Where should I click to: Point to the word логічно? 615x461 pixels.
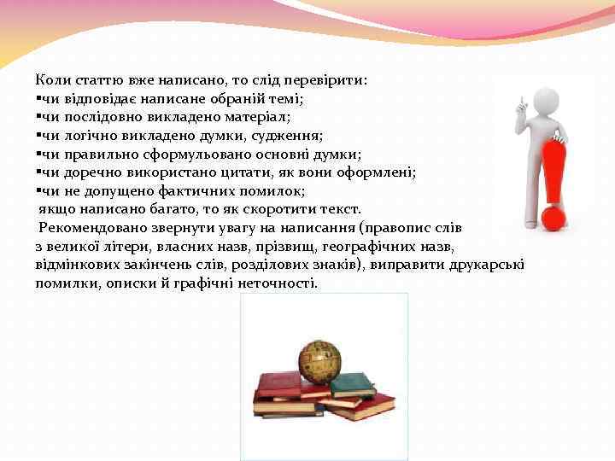point(85,136)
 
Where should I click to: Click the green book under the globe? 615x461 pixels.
point(352,385)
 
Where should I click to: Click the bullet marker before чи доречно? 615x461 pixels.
point(38,173)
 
